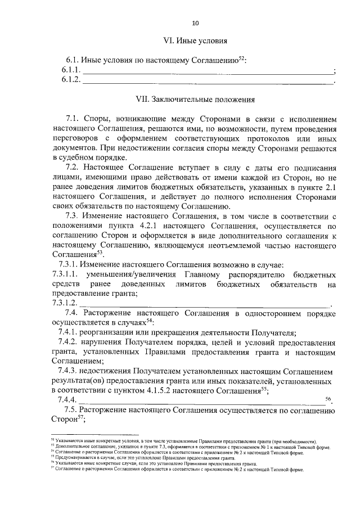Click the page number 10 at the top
[195, 23]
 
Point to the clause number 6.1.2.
[71, 80]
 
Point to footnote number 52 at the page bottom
[52, 440]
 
